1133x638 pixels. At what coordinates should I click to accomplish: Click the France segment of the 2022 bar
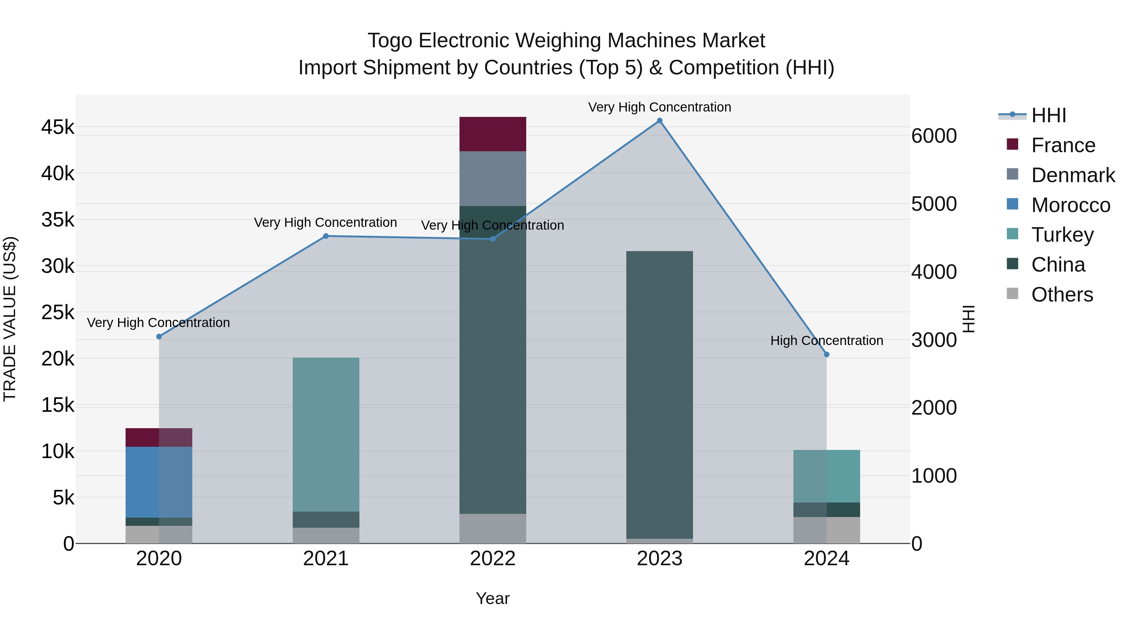click(x=493, y=134)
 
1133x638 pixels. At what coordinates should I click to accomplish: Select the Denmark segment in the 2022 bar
click(x=493, y=178)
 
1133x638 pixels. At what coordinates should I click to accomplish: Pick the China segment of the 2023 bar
click(x=659, y=394)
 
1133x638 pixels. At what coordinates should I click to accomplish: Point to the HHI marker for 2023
click(x=659, y=121)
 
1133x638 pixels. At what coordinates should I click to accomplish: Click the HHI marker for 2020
click(x=159, y=336)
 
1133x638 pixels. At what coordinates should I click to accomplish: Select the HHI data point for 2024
click(x=826, y=354)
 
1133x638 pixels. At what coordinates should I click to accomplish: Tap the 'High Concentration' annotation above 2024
click(x=826, y=340)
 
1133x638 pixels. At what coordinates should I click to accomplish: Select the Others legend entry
click(x=1062, y=295)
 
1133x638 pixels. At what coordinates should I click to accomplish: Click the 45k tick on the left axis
click(x=58, y=127)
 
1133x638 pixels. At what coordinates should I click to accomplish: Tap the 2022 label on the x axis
click(x=493, y=559)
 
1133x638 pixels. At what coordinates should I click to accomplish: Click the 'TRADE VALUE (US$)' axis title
click(x=10, y=319)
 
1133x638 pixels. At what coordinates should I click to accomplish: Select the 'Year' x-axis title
click(x=493, y=598)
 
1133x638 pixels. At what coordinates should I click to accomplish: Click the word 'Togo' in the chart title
click(x=389, y=41)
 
